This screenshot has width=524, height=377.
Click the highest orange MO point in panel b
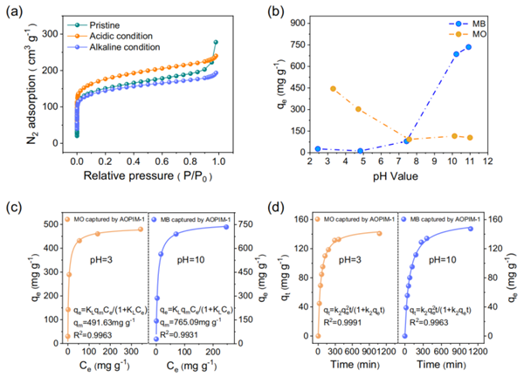[x=333, y=88]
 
